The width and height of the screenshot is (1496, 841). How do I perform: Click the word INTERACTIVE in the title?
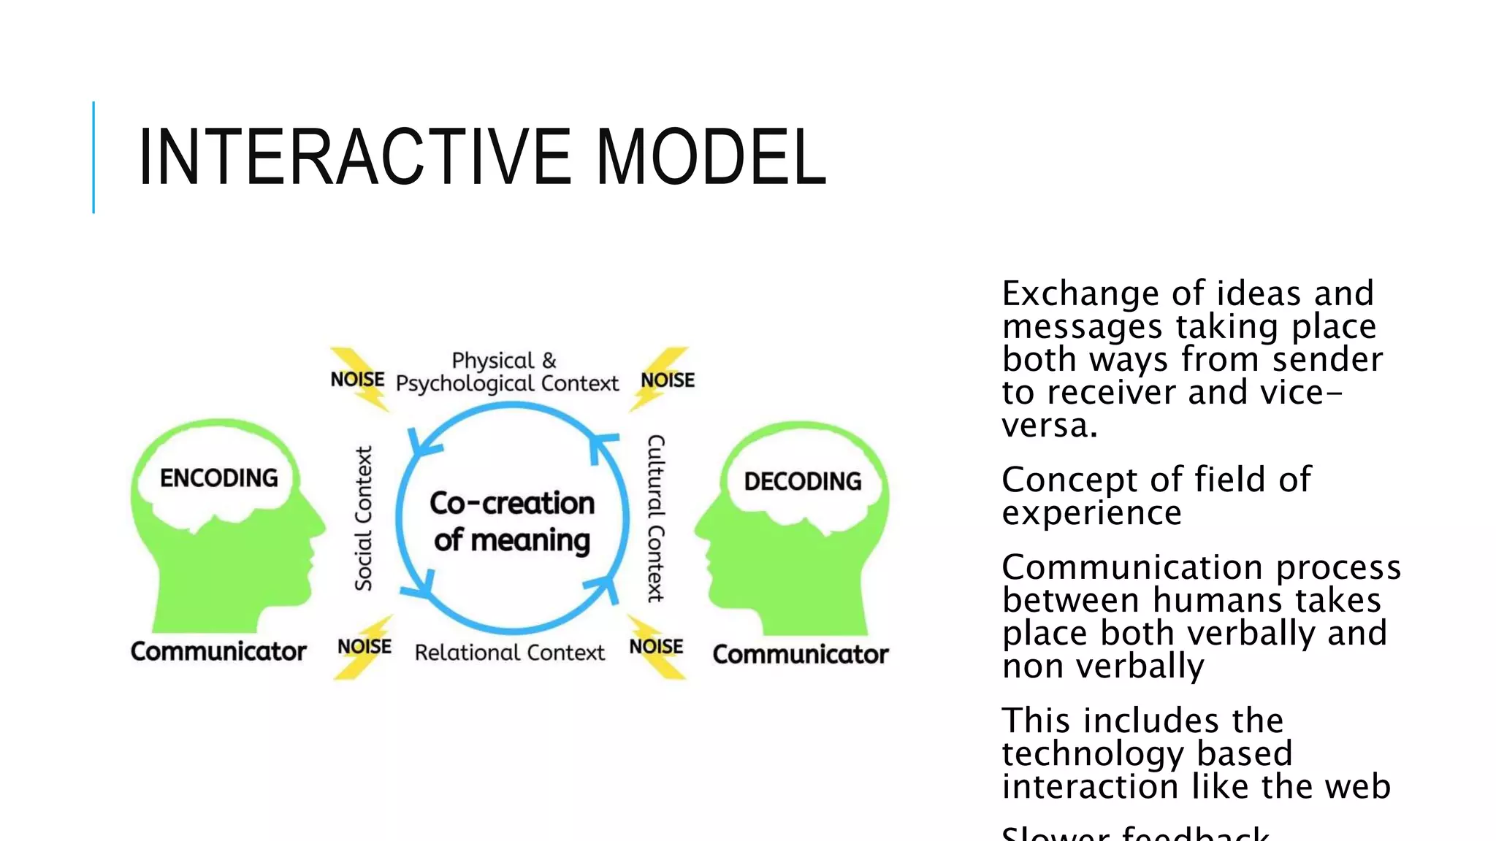click(354, 157)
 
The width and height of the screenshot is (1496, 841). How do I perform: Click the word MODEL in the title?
click(710, 157)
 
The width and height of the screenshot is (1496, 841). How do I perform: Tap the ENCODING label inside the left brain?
click(219, 478)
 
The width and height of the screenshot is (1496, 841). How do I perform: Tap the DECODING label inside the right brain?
click(802, 481)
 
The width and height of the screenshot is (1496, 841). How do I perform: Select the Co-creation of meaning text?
click(512, 521)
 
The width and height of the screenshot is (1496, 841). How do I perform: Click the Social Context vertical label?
click(364, 518)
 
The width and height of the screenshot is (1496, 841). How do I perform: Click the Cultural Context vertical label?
click(655, 518)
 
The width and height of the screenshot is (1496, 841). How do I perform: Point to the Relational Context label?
click(509, 653)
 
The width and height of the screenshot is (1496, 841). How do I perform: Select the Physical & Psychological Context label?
click(506, 372)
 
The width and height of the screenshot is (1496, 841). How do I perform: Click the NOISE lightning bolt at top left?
click(358, 380)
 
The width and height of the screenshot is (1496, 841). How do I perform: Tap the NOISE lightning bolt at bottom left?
click(365, 647)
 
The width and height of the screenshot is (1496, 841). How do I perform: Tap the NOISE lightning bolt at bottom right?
click(656, 647)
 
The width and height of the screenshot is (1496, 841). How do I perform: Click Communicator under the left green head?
click(218, 651)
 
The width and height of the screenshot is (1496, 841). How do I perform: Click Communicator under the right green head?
click(801, 654)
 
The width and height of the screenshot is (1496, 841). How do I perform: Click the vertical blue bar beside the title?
click(93, 157)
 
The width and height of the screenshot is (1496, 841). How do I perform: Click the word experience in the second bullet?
click(1091, 513)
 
